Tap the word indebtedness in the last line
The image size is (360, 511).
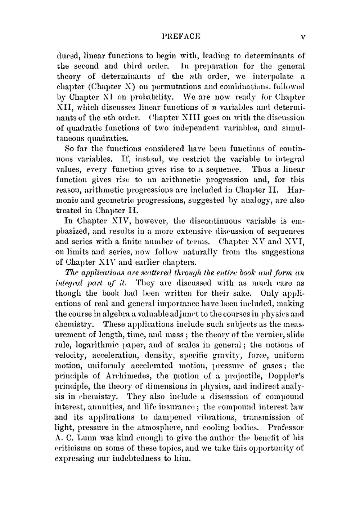coord(138,459)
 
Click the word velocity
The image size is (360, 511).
coord(71,356)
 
